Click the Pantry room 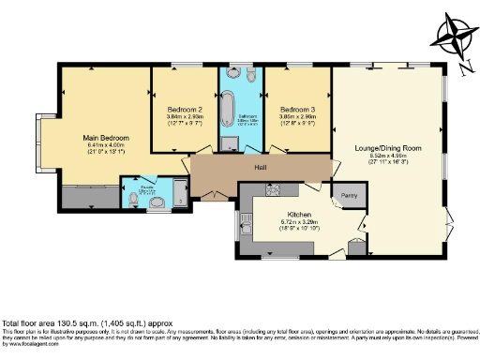[349, 195]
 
